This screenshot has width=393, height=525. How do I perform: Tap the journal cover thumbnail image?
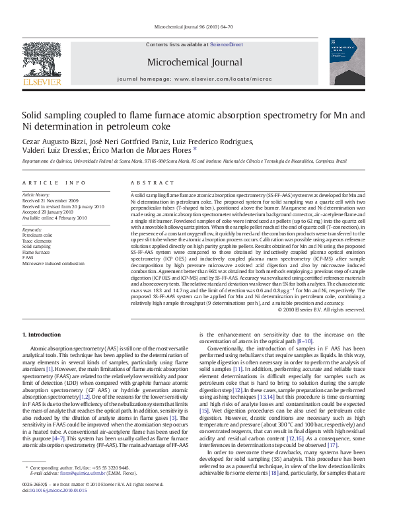pyautogui.click(x=346, y=61)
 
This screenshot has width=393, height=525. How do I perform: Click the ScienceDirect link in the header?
pyautogui.click(x=227, y=44)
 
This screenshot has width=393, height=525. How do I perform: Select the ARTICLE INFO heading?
pyautogui.click(x=54, y=182)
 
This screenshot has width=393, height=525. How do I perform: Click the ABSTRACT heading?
pyautogui.click(x=147, y=182)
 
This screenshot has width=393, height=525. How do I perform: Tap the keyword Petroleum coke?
pyautogui.click(x=37, y=235)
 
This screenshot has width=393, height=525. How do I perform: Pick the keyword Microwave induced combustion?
pyautogui.click(x=54, y=263)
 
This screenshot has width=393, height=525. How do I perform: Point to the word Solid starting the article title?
pyautogui.click(x=33, y=115)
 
